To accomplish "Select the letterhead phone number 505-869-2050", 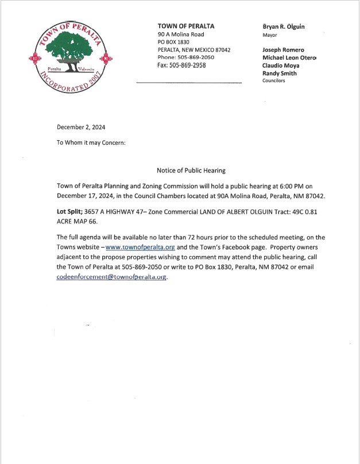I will click(x=194, y=57).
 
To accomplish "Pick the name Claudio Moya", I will click(x=281, y=65).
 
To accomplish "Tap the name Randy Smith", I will click(x=280, y=74).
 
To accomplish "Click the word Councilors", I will click(x=273, y=81).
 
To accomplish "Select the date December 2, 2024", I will click(x=81, y=127).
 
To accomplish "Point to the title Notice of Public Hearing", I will click(x=191, y=171).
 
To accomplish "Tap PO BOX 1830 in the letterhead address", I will click(x=173, y=42).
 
